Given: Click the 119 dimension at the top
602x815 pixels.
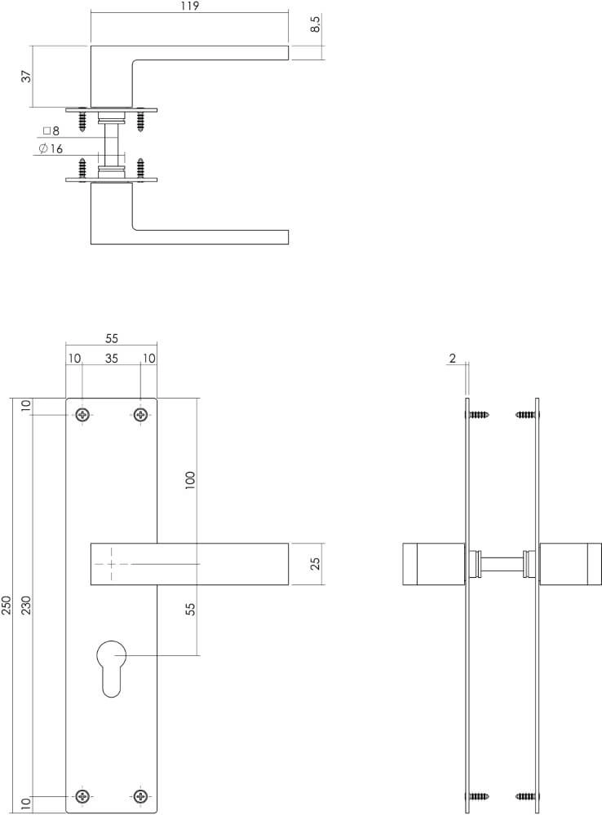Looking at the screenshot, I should coord(189,6).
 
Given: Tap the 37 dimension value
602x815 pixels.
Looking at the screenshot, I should coord(26,77).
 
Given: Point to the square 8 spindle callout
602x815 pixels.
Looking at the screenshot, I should coord(51,130).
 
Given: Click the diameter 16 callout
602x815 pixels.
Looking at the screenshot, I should coord(51,148).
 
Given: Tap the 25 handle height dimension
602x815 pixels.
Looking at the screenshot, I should coord(316,564).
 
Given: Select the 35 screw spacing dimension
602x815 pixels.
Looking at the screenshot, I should coord(112,359).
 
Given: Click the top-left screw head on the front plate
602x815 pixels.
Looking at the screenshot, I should coord(83,416).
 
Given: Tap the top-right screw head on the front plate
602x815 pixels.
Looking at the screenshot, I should coord(141,416).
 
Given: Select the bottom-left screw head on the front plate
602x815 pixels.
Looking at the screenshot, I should coord(83,795).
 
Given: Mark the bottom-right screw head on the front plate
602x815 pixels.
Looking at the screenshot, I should coord(141,795).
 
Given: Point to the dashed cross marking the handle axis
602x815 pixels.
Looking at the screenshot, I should coord(109,564).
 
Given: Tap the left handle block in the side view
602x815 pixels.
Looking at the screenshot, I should coord(433,564).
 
